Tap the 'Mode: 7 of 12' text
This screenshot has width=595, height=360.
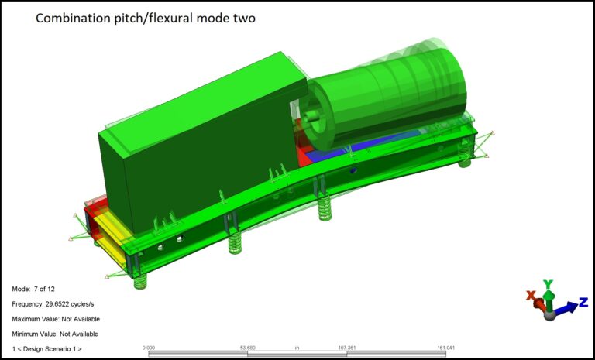(x=33, y=289)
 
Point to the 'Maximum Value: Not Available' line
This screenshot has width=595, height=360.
(x=56, y=319)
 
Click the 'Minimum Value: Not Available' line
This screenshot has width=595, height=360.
(x=55, y=334)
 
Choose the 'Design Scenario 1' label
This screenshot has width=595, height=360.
(x=46, y=349)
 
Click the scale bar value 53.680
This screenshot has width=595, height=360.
(x=247, y=348)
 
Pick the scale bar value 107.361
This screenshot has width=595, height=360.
(x=346, y=348)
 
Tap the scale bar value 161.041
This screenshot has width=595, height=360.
(x=445, y=348)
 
